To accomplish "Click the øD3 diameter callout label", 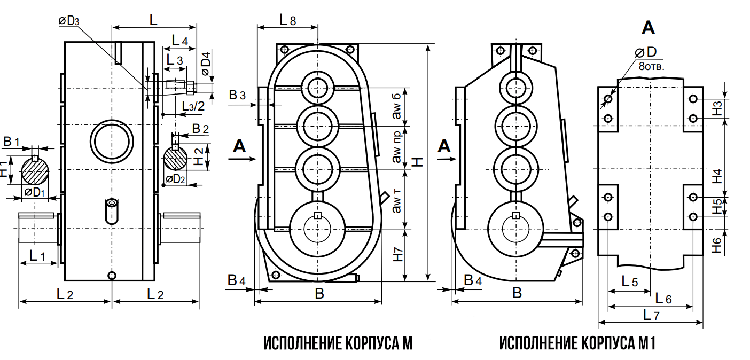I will point(69,21).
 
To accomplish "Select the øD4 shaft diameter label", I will point(206,63).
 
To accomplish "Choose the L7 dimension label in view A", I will point(651,315).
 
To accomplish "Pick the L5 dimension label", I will point(630,281).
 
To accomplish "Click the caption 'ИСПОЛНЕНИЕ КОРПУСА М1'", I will point(577,343).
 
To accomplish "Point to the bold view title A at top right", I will point(648,27).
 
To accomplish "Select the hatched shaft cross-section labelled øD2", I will point(175,158).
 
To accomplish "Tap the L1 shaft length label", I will point(37,255).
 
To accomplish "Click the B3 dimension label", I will point(237,96).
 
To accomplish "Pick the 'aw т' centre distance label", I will point(397,201).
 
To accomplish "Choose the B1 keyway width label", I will point(12,142).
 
